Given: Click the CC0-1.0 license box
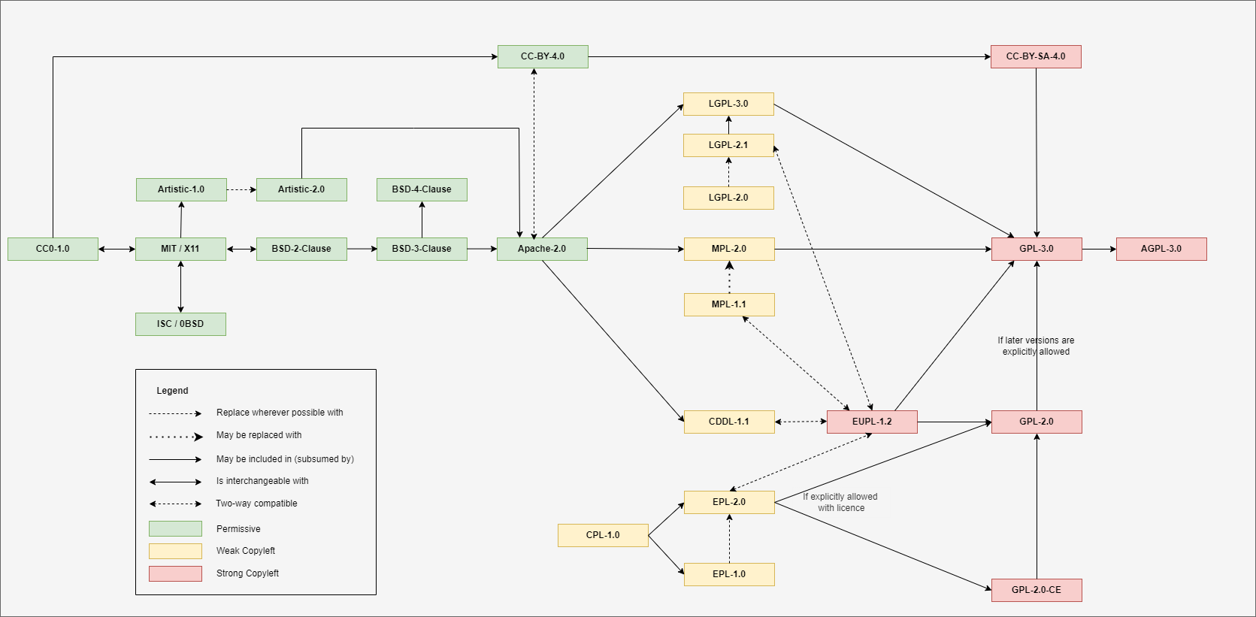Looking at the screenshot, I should pyautogui.click(x=53, y=249).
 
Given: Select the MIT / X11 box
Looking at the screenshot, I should pyautogui.click(x=180, y=249).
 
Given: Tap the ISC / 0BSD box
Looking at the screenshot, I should pyautogui.click(x=180, y=324).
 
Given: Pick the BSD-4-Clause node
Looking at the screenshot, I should pyautogui.click(x=422, y=189).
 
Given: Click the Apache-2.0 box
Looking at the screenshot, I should pyautogui.click(x=542, y=249).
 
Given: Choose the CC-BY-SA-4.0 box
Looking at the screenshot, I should pyautogui.click(x=1036, y=56).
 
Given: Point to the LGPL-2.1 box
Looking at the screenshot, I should pyautogui.click(x=728, y=145).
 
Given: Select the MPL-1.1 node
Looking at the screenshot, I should pyautogui.click(x=729, y=304).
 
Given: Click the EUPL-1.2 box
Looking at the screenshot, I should pyautogui.click(x=872, y=422).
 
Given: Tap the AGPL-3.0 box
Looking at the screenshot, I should pyautogui.click(x=1161, y=249).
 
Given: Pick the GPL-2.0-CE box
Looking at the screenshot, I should pyautogui.click(x=1037, y=590).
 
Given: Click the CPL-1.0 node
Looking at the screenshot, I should pyautogui.click(x=603, y=535).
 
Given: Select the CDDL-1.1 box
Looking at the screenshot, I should pyautogui.click(x=729, y=422).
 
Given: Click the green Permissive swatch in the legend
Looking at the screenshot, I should pyautogui.click(x=175, y=528).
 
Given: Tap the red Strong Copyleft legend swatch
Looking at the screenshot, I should pyautogui.click(x=175, y=573).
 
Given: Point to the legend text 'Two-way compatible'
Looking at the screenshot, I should pyautogui.click(x=256, y=504).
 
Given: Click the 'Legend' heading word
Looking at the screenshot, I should pyautogui.click(x=172, y=391).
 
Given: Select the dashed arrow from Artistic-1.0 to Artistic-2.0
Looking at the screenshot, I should pyautogui.click(x=241, y=189).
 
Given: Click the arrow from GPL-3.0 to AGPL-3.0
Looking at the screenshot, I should pyautogui.click(x=1099, y=249).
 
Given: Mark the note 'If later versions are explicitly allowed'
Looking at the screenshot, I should pyautogui.click(x=1036, y=346).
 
